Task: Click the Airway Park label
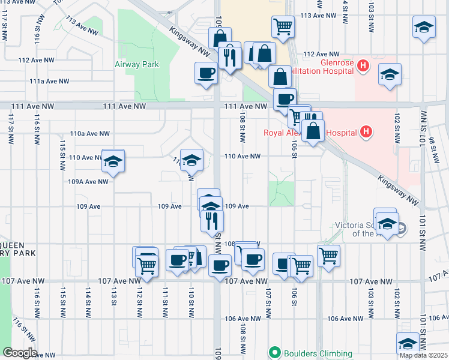pos(136,64)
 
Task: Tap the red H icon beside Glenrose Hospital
pos(363,65)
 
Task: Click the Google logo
pos(19,353)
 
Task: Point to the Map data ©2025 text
pos(423,355)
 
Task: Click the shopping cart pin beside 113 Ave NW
pos(283,26)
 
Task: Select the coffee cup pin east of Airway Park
pos(206,73)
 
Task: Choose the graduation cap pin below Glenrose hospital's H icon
pos(390,76)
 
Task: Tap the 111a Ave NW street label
pos(49,81)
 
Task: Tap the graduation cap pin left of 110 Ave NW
pos(112,162)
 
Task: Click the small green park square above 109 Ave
pos(282,193)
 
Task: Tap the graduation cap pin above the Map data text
pos(408,343)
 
